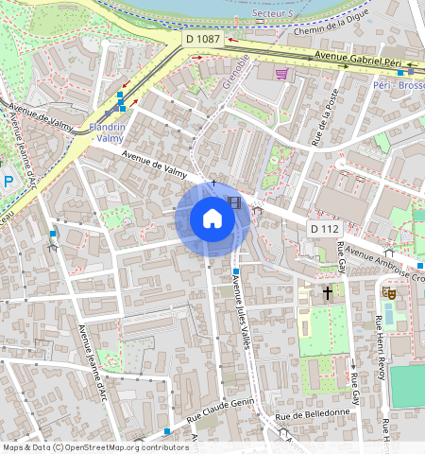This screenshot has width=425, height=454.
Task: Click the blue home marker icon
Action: tap(212, 219)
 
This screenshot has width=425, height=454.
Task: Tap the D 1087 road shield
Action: tap(202, 39)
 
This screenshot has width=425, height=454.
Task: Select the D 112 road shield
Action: tap(324, 230)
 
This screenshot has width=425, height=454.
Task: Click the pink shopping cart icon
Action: tap(280, 73)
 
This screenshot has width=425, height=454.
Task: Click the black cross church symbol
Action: tap(328, 293)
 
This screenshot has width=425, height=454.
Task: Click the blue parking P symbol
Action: tap(8, 181)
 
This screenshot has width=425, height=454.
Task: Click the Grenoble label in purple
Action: tap(234, 72)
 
